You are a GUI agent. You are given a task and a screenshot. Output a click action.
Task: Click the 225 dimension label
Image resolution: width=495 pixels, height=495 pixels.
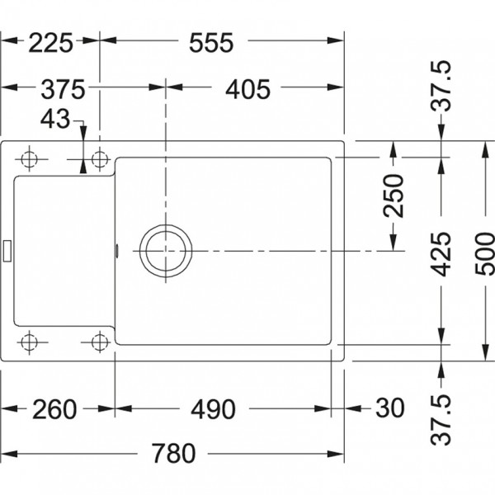(x=51, y=43)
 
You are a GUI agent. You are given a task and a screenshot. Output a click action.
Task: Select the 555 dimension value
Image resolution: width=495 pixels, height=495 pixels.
(x=211, y=43)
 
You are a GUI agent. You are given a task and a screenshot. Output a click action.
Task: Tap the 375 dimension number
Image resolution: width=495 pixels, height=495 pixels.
(x=64, y=89)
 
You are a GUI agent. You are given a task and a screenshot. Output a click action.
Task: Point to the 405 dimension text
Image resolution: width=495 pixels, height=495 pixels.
(x=247, y=89)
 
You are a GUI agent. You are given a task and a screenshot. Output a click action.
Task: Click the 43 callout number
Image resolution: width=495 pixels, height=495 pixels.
(x=55, y=119)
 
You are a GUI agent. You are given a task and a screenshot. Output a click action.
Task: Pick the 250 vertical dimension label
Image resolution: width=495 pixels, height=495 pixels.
(x=394, y=196)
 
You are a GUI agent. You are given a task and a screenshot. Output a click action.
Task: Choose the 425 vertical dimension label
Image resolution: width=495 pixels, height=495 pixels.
(x=441, y=254)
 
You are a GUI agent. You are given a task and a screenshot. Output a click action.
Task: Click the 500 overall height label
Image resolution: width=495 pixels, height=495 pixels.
(x=484, y=254)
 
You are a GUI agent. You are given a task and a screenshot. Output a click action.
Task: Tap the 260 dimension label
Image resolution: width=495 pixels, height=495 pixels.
(x=54, y=409)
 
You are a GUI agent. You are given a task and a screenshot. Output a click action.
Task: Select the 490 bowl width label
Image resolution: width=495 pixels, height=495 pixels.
(x=213, y=409)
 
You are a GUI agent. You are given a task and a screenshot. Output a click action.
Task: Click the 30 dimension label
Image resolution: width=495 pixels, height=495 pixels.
(x=390, y=408)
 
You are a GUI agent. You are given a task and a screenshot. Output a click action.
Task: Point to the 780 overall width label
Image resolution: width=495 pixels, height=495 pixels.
(x=173, y=453)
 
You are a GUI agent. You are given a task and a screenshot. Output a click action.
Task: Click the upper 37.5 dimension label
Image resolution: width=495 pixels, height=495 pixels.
(x=441, y=86)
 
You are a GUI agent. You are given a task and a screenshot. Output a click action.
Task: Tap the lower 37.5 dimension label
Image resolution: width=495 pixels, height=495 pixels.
(x=441, y=420)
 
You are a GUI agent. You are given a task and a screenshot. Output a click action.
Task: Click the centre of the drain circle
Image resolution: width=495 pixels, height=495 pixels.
(x=166, y=251)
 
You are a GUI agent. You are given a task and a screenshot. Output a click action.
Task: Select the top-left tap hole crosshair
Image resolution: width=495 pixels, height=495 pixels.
(x=30, y=159)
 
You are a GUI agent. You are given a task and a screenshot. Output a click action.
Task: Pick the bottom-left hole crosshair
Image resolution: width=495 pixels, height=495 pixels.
(x=30, y=342)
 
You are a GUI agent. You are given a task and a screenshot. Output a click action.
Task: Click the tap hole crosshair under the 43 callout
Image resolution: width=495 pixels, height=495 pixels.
(x=100, y=159)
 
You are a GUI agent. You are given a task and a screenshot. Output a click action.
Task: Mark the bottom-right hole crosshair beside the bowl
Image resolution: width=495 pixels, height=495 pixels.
(x=100, y=342)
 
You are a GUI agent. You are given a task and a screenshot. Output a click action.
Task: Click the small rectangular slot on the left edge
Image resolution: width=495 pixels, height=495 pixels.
(x=7, y=251)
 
